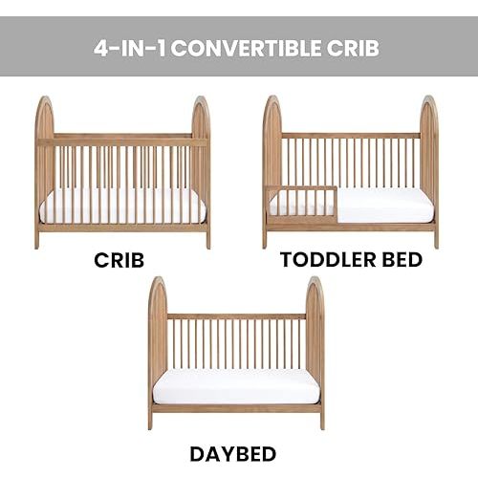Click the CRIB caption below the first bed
122,259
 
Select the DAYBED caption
234,453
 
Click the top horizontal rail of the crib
122,141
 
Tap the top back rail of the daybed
236,315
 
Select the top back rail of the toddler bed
351,135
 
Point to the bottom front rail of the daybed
236,407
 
